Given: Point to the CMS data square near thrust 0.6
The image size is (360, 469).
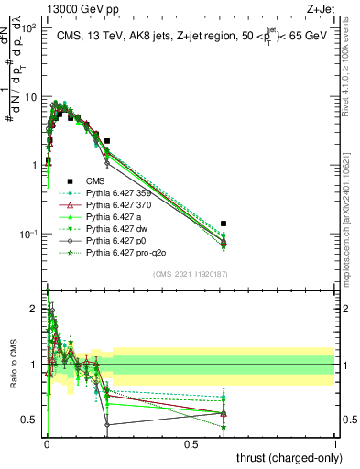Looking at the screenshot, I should click(x=224, y=224).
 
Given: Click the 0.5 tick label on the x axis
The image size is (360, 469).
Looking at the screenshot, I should click(x=191, y=443).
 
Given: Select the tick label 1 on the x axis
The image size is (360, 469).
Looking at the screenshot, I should click(x=335, y=443).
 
